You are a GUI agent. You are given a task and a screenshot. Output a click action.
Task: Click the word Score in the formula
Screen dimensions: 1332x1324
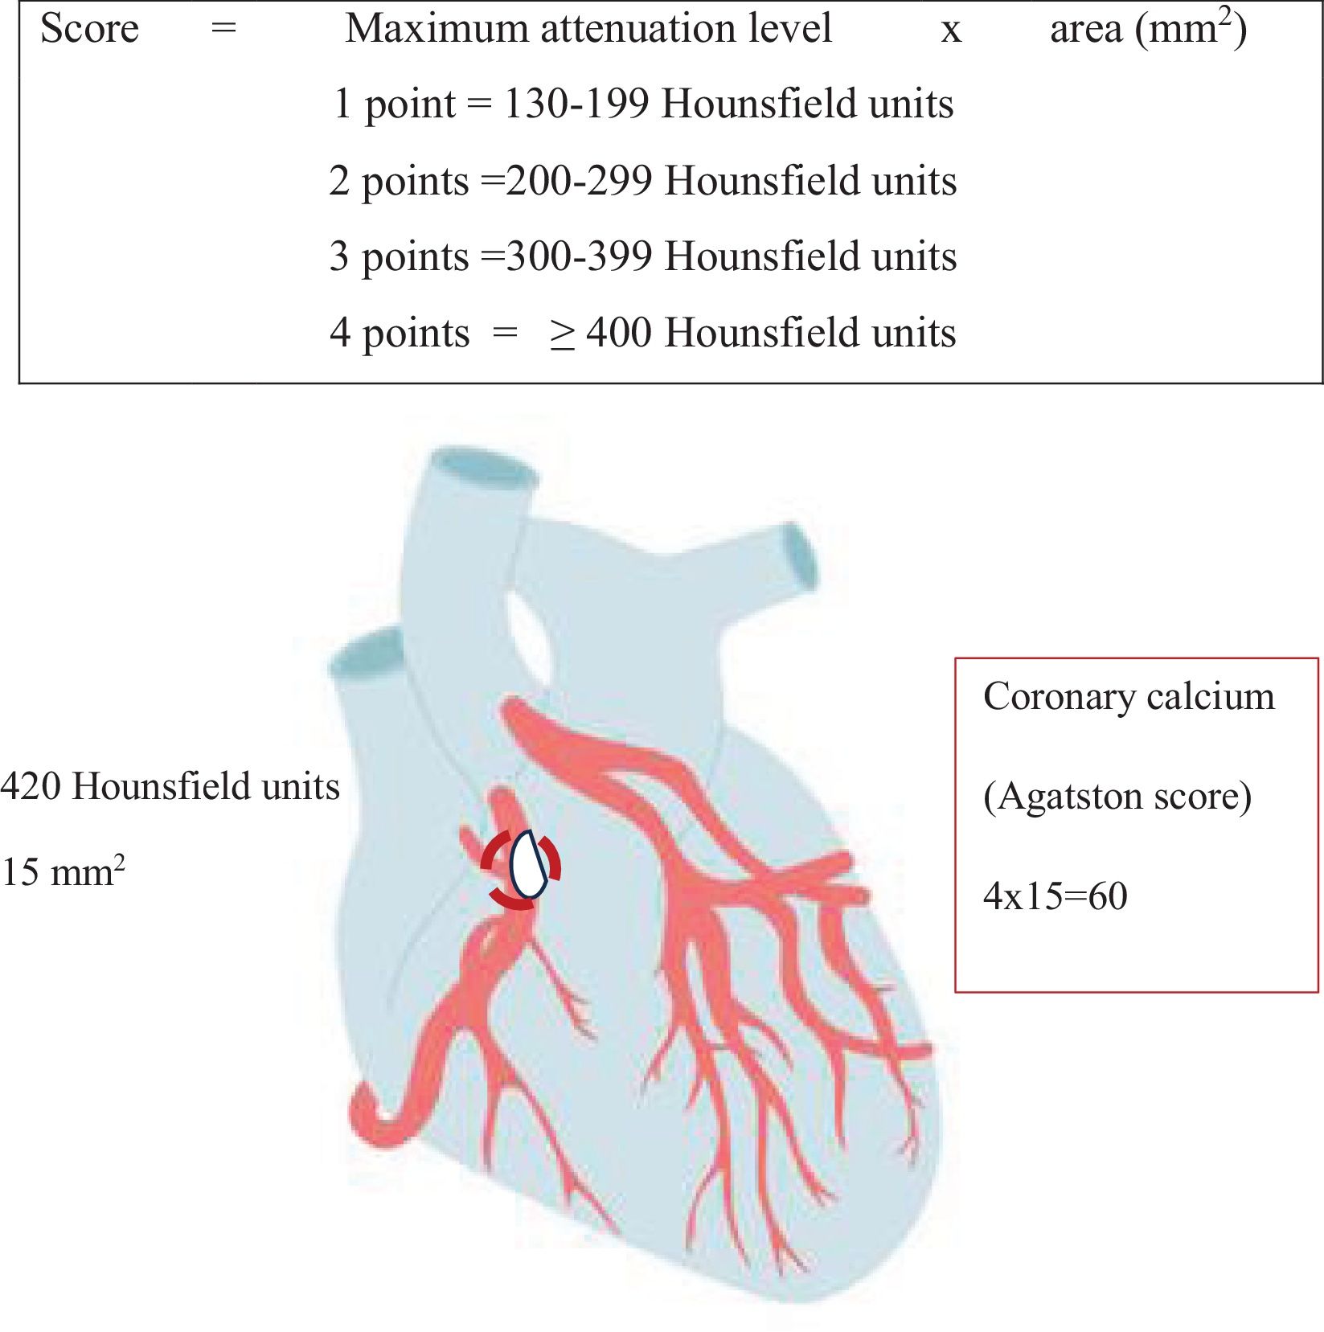coord(89,29)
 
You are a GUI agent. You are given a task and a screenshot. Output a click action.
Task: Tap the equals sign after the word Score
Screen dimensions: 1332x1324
coord(223,29)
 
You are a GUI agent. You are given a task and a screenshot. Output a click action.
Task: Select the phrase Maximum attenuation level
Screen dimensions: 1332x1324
coord(588,29)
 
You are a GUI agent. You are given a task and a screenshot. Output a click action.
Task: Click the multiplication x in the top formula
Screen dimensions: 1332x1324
coord(951,31)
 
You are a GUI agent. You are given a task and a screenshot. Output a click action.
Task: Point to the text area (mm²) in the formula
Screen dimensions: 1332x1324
coord(1148,29)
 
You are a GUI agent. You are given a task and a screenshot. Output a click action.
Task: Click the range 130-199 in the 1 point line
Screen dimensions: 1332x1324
coord(576,105)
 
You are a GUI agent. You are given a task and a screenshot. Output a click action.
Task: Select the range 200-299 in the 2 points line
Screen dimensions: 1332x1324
coord(579,181)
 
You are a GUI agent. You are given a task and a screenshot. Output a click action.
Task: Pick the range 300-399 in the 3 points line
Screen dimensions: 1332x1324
coord(579,256)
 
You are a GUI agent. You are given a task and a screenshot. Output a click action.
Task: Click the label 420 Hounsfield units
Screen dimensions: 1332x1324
coord(170,786)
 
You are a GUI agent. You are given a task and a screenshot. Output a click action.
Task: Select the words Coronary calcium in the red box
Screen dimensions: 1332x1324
coord(1129,696)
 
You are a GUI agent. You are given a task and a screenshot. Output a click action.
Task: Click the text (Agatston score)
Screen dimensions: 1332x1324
coord(1117,797)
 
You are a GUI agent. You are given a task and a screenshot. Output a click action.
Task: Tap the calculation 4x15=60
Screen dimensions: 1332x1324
coord(1055,896)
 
